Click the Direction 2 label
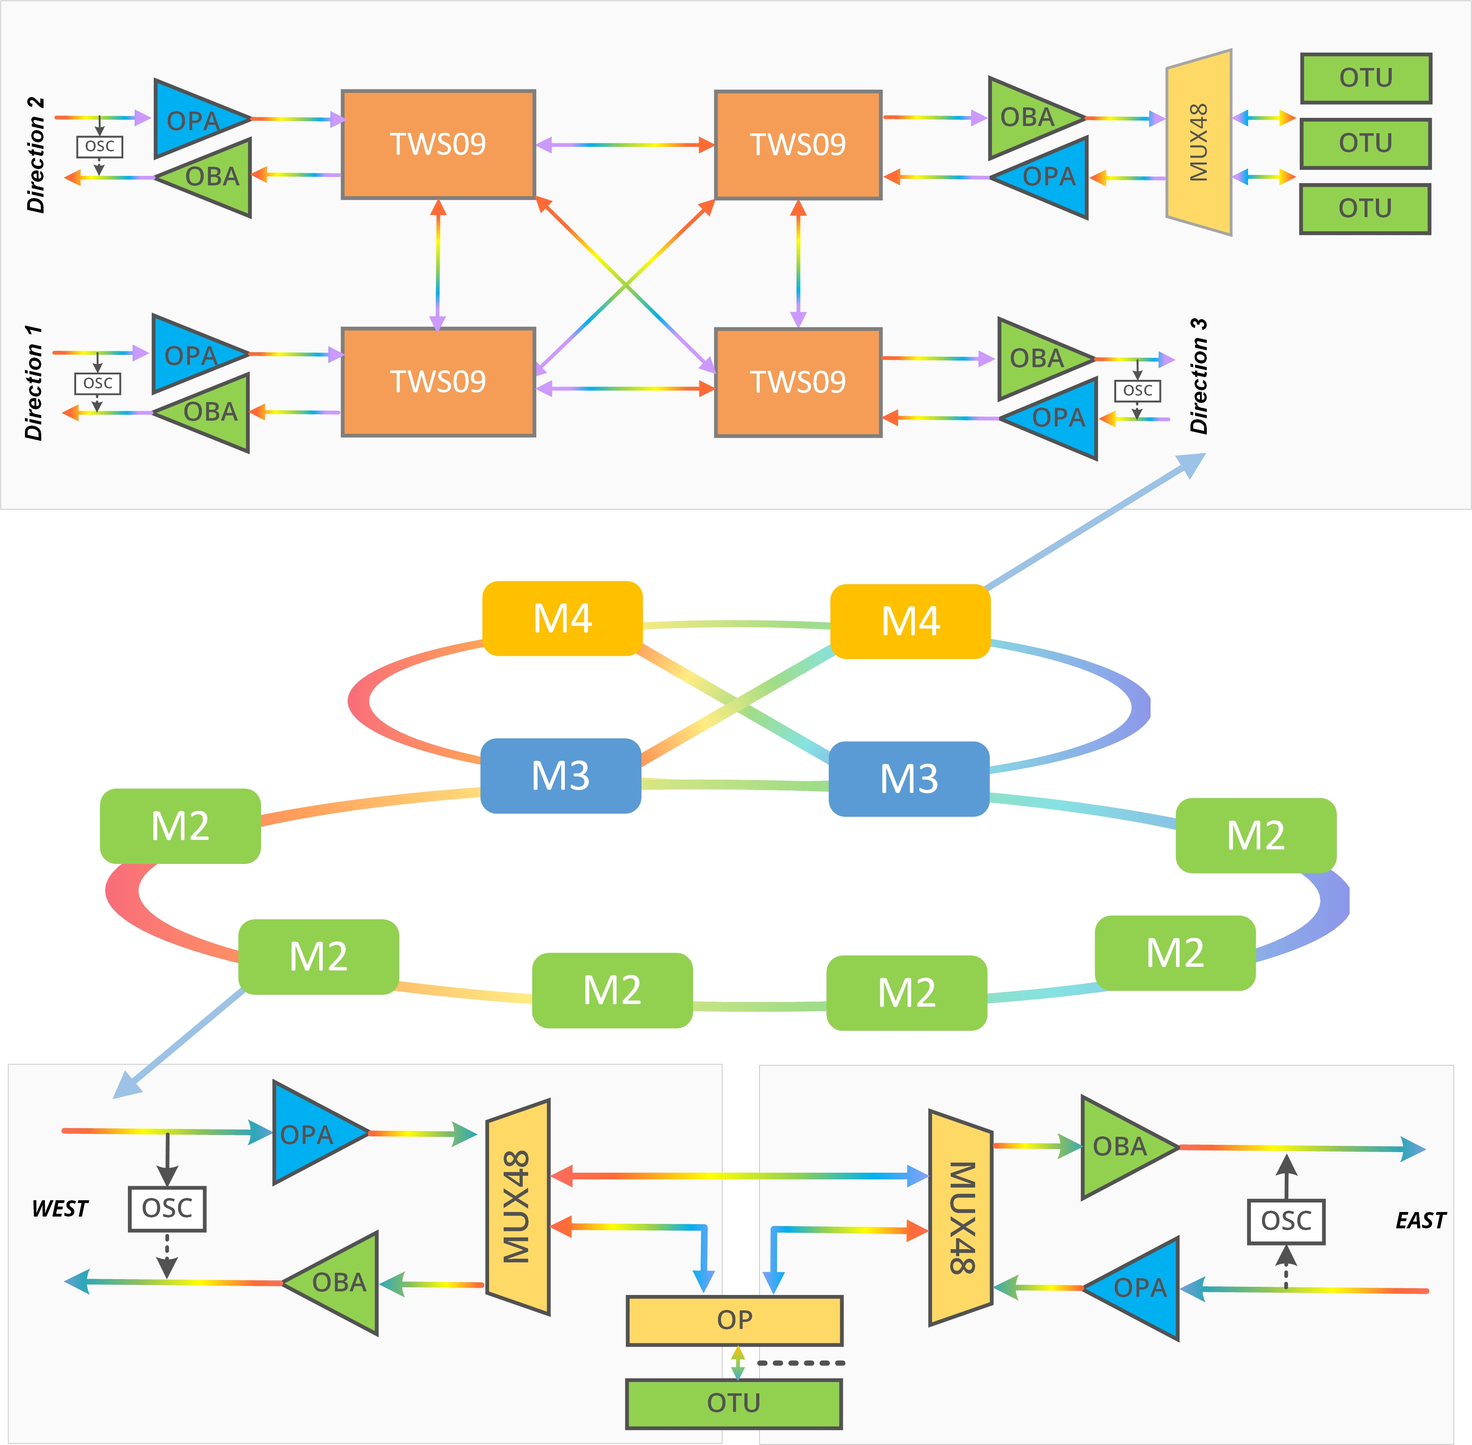[36, 155]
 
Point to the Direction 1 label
[34, 383]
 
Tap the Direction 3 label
[1199, 376]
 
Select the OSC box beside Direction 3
[1137, 391]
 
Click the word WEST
[60, 1208]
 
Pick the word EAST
[1420, 1220]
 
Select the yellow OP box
[734, 1320]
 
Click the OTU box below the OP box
[734, 1403]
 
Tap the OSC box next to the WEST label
[167, 1208]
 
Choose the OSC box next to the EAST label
[1286, 1221]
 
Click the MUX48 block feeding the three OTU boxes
[1199, 143]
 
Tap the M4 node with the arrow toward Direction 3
[910, 621]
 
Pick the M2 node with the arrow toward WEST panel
[319, 956]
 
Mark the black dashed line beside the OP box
[801, 1363]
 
